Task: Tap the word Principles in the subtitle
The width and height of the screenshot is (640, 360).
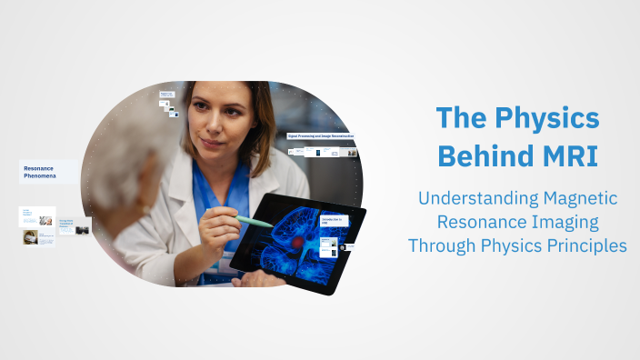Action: click(579, 245)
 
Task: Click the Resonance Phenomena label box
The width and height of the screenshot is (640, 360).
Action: click(47, 173)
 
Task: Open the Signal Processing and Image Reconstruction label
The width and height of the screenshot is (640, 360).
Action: click(321, 135)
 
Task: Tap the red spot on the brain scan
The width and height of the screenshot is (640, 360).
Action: click(296, 246)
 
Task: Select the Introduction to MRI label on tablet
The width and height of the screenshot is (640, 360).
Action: click(333, 221)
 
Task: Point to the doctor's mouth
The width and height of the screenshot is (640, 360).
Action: click(211, 144)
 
